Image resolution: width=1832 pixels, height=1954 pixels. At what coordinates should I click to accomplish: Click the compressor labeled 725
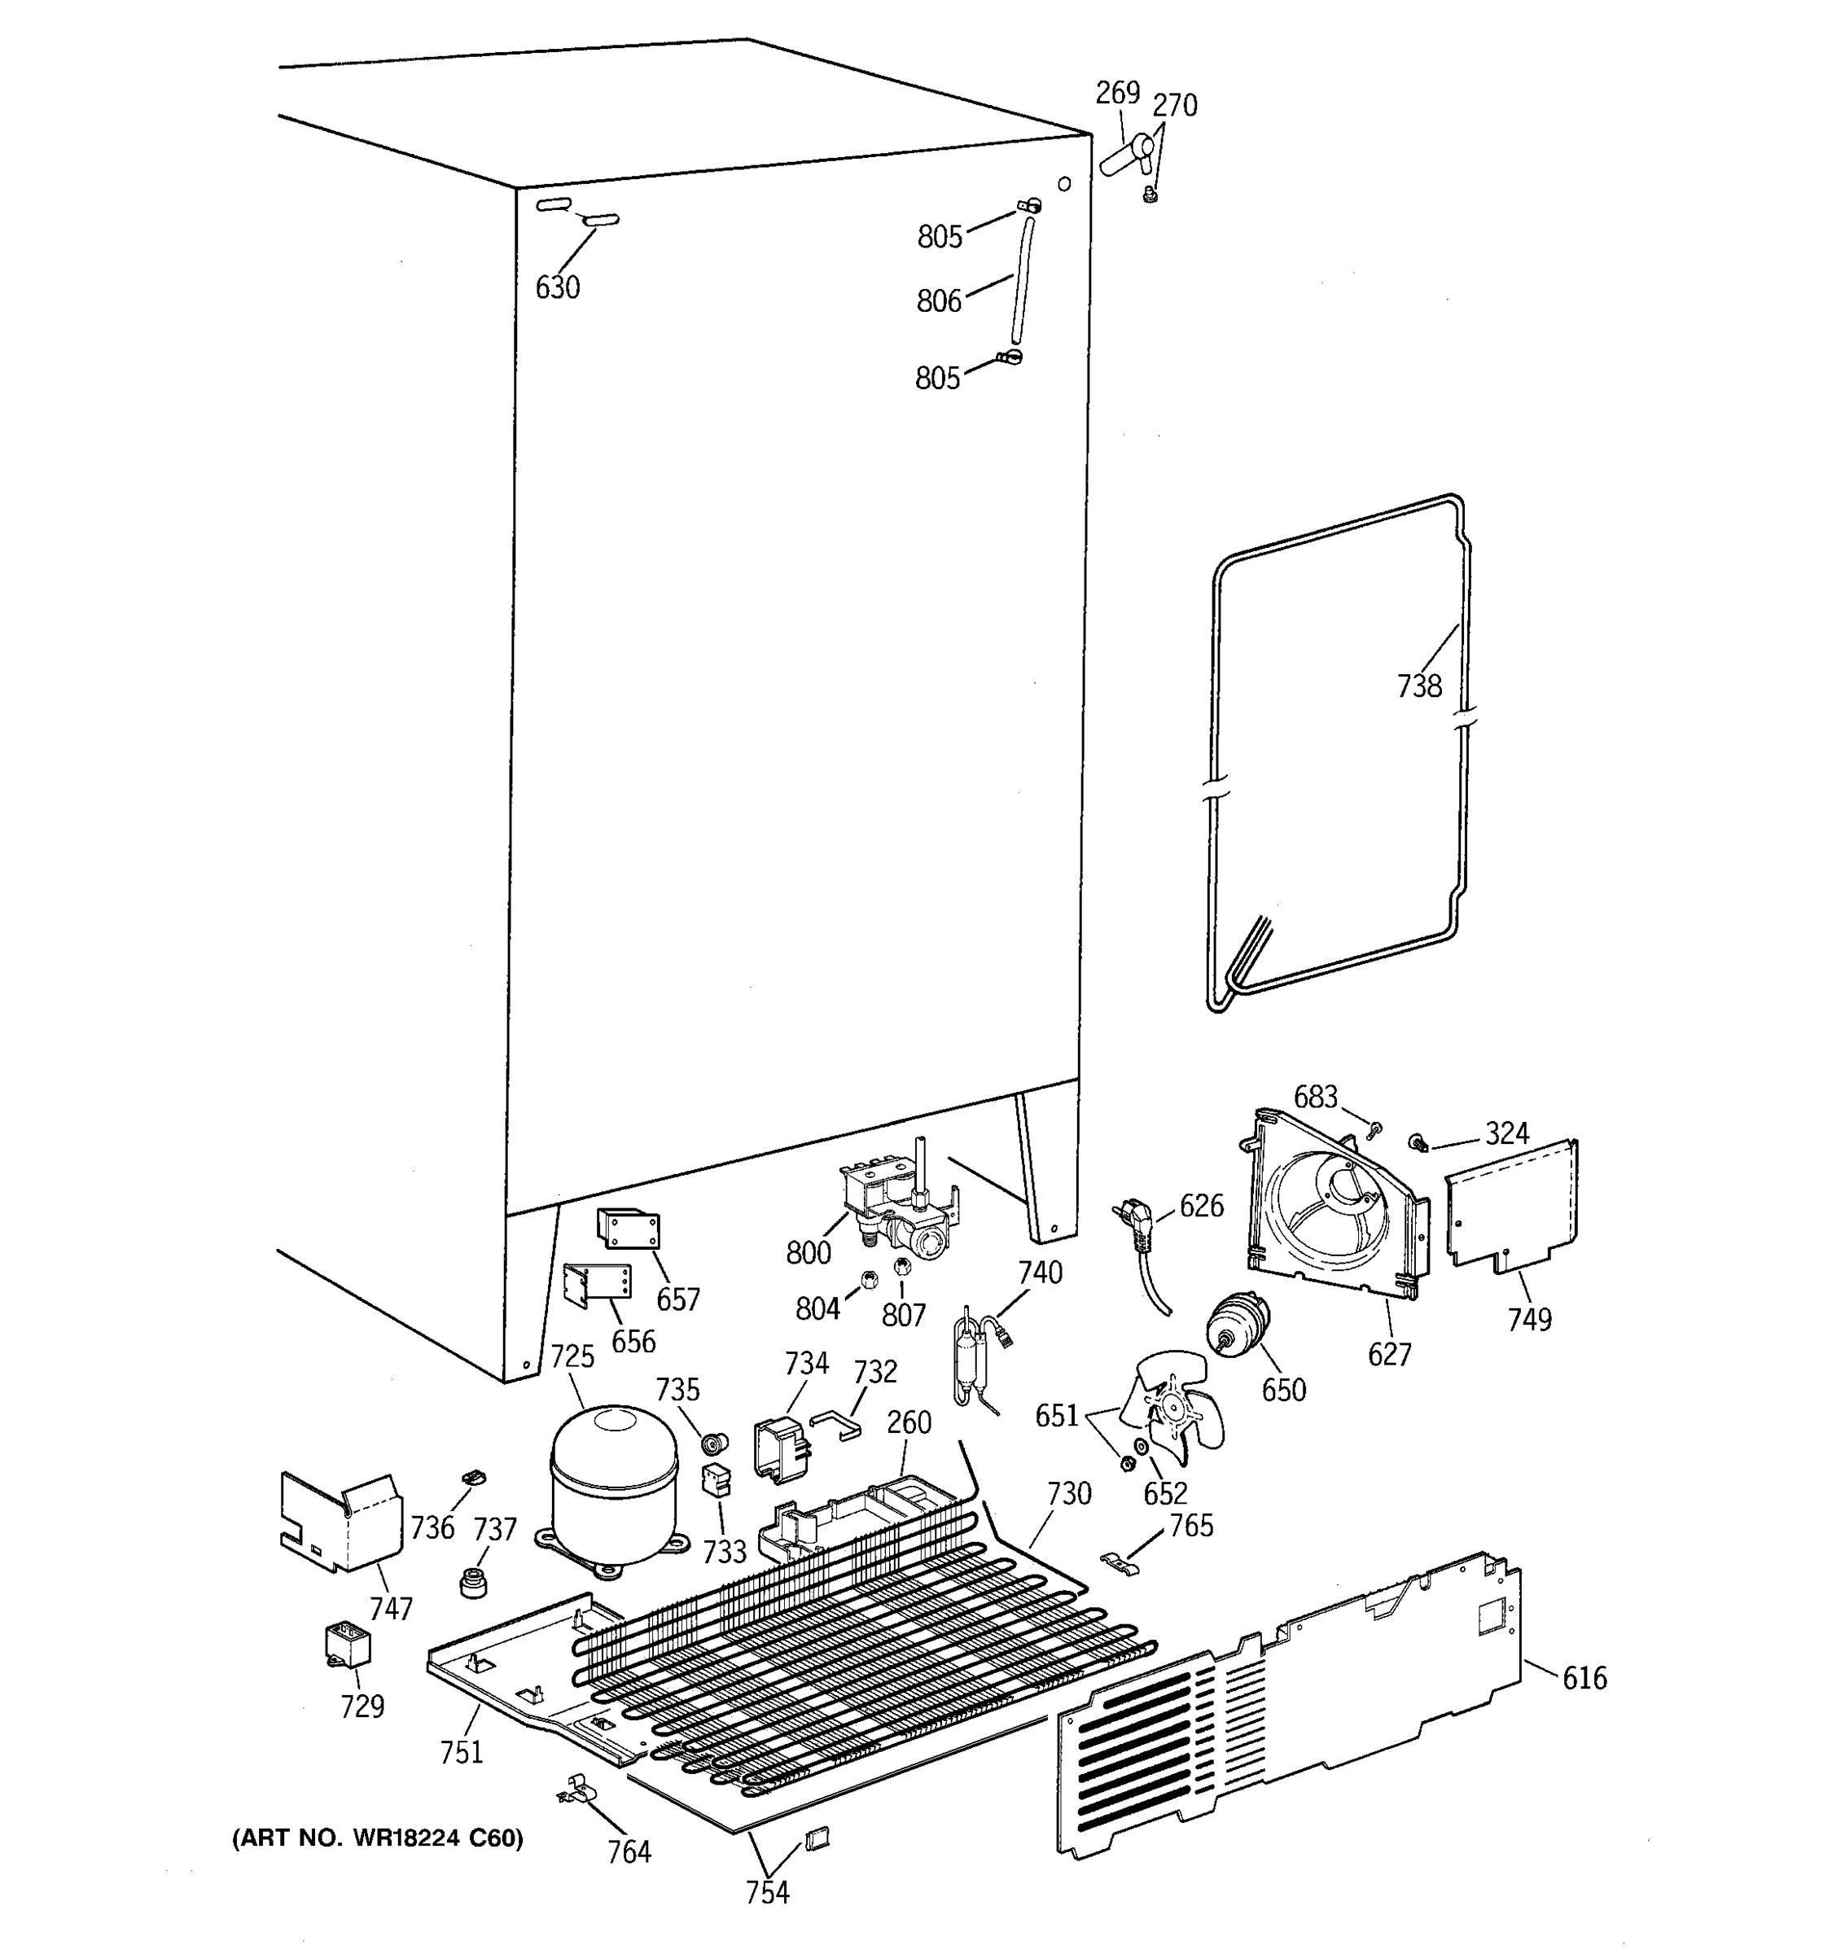click(613, 1483)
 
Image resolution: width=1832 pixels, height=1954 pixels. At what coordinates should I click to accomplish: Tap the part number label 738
click(1419, 686)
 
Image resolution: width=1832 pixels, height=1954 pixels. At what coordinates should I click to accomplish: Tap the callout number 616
click(1584, 1677)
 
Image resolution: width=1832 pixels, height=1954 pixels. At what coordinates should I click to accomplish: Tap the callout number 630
click(557, 288)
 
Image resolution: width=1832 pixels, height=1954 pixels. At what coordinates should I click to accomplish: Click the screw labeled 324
click(1418, 1143)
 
